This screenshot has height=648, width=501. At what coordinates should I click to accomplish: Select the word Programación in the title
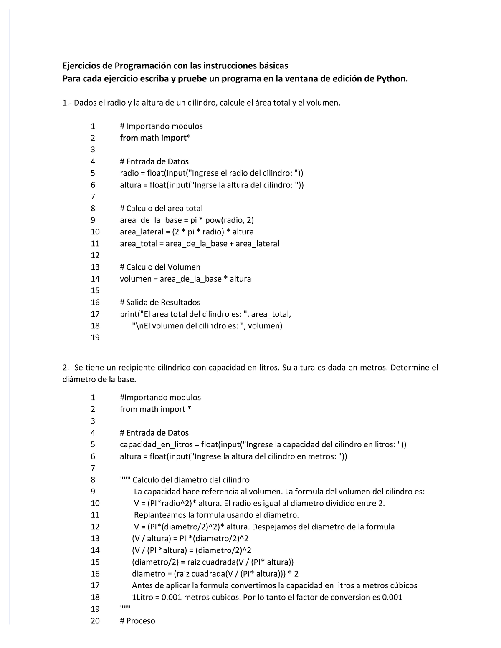[x=141, y=66]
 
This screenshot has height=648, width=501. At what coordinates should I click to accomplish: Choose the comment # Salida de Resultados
[x=160, y=302]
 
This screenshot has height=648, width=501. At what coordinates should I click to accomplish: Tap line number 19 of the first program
[x=95, y=337]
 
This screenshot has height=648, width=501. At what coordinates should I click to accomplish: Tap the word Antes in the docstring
[x=142, y=585]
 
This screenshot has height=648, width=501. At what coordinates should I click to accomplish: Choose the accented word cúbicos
[x=402, y=585]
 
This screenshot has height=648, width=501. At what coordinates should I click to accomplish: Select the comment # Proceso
[x=137, y=620]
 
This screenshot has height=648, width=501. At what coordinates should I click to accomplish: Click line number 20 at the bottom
[x=95, y=620]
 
